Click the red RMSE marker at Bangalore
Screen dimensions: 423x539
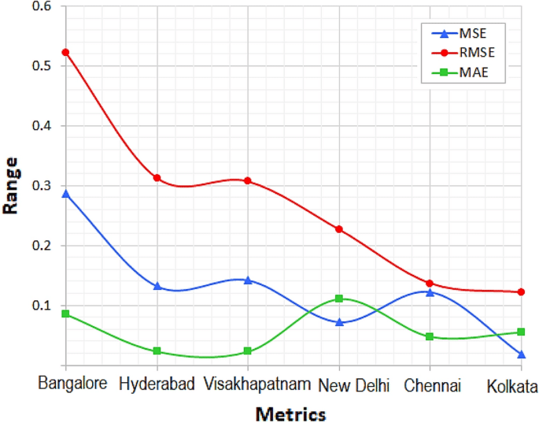pyautogui.click(x=66, y=52)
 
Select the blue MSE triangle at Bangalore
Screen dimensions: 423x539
pyautogui.click(x=66, y=193)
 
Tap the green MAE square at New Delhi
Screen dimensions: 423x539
pyautogui.click(x=339, y=299)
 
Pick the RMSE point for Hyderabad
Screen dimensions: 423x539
pyautogui.click(x=157, y=178)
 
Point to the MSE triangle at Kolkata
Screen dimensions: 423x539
pyautogui.click(x=521, y=354)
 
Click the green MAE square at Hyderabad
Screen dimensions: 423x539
pyautogui.click(x=157, y=351)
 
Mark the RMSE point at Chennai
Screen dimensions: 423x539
pyautogui.click(x=430, y=284)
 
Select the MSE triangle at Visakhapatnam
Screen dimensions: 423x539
pyautogui.click(x=248, y=280)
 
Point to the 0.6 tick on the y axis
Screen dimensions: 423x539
pyautogui.click(x=41, y=7)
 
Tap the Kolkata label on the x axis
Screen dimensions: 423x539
pyautogui.click(x=511, y=386)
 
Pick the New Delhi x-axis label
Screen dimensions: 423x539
pyautogui.click(x=353, y=386)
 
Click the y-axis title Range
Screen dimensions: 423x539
pyautogui.click(x=11, y=186)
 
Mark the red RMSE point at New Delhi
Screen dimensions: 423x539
pyautogui.click(x=339, y=229)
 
